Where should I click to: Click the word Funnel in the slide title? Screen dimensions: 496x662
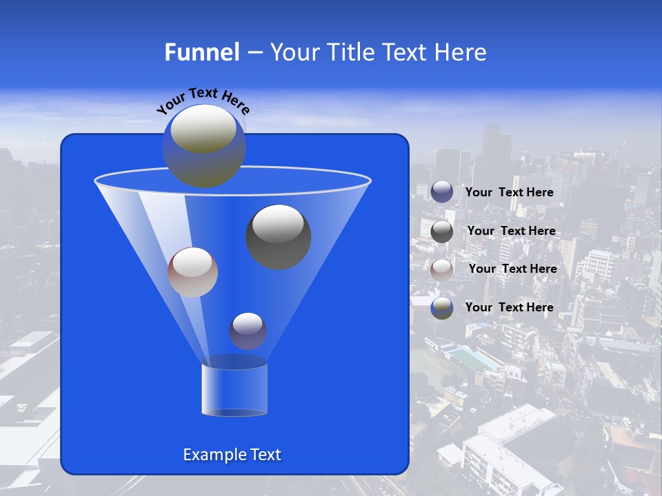coord(202,52)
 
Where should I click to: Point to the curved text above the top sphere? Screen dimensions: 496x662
coord(203,100)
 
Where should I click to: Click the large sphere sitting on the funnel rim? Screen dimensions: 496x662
coord(203,145)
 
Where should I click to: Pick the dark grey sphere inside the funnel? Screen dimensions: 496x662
coord(279,236)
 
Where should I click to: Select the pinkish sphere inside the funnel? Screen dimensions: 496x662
coord(192,272)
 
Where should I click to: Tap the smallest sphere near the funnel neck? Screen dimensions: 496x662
coord(248,331)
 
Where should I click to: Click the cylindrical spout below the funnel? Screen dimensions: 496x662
coord(234,389)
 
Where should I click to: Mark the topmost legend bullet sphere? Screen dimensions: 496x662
coord(442,192)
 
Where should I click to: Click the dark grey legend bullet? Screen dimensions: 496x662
coord(442,231)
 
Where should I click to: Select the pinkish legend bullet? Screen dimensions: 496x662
coord(442,269)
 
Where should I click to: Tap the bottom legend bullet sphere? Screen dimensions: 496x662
coord(442,307)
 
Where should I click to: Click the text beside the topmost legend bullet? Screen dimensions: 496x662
coord(509,192)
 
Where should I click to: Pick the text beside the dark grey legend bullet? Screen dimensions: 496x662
coord(511,231)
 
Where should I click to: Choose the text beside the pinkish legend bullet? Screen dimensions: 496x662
coord(512,269)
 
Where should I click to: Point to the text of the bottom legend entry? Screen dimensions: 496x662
coord(509,307)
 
